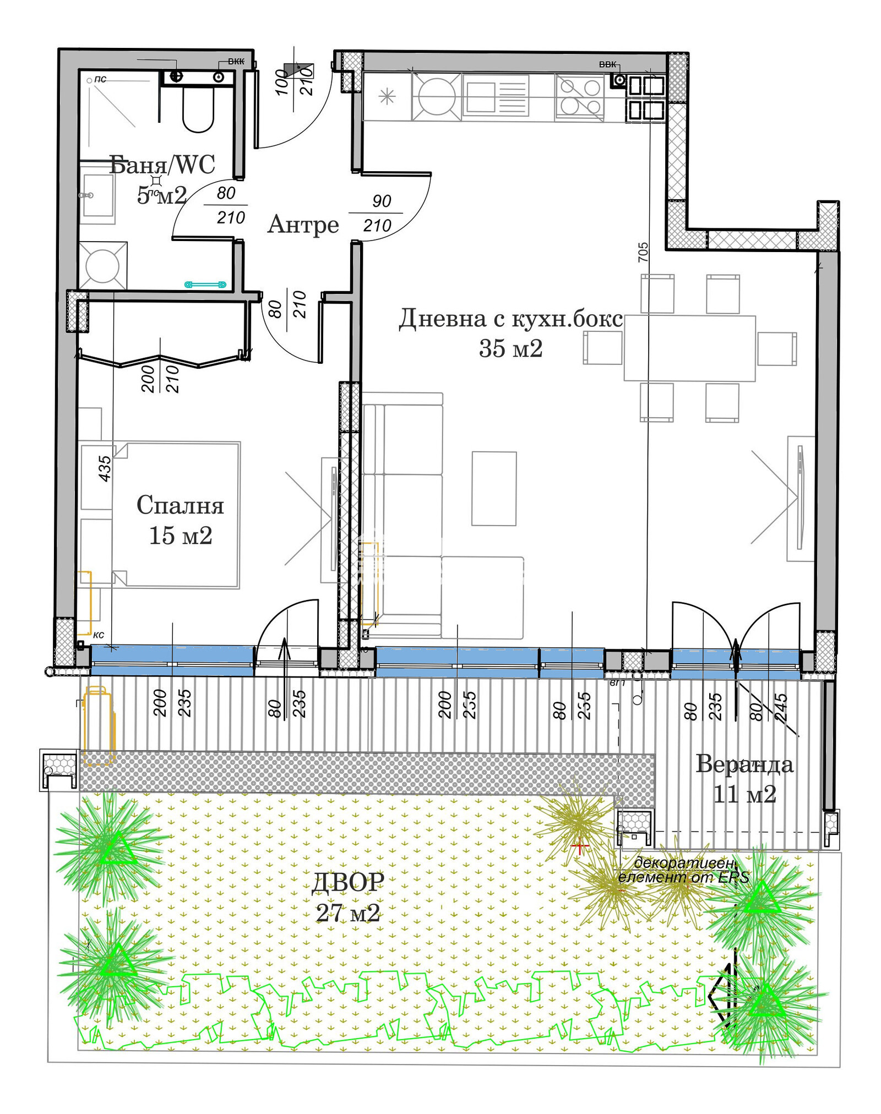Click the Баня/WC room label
(x=162, y=165)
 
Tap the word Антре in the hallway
(x=303, y=225)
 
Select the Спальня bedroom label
(x=180, y=505)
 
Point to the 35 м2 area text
(x=510, y=348)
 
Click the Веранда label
(x=744, y=764)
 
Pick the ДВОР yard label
(x=347, y=883)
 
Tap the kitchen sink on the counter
(x=496, y=96)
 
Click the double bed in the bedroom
(x=176, y=514)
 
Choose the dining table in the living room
(x=689, y=348)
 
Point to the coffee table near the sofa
(x=494, y=488)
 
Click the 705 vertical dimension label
(x=643, y=252)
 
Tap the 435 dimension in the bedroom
(x=104, y=468)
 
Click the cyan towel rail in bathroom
(x=205, y=284)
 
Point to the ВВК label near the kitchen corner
(x=607, y=64)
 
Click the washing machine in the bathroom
(x=102, y=266)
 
